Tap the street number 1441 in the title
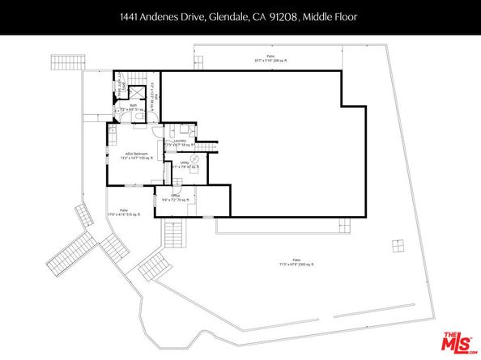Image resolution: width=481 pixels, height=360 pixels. tap(130, 16)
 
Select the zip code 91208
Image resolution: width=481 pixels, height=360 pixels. tap(288, 16)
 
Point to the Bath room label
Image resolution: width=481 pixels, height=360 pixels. tap(133, 105)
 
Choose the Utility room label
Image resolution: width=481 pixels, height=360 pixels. tap(185, 163)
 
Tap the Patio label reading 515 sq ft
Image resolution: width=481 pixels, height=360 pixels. tap(123, 214)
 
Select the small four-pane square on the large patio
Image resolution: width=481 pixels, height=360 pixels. tap(398, 245)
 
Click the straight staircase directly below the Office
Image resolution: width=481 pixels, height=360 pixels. tap(173, 235)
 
